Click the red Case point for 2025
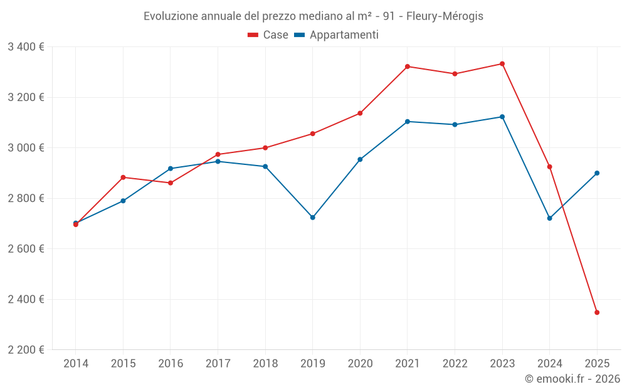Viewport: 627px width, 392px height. pos(597,312)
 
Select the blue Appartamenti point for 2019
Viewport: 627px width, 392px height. pos(313,218)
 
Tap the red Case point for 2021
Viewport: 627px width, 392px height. pos(408,66)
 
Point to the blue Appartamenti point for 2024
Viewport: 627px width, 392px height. pos(550,218)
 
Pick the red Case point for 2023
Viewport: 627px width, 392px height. pos(502,64)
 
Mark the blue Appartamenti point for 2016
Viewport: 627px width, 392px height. pos(171,169)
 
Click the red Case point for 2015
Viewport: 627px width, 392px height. pos(123,177)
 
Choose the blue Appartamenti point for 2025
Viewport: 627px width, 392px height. pos(597,173)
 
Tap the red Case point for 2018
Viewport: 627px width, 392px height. pos(265,148)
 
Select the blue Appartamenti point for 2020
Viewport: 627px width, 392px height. pos(360,159)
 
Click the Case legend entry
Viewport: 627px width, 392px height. pos(268,35)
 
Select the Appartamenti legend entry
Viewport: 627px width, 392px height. pos(337,35)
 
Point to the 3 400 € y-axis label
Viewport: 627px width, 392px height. pos(26,47)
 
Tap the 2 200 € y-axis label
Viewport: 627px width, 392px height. pos(26,350)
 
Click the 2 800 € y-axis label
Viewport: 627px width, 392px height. pos(26,198)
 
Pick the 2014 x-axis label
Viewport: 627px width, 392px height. pos(76,364)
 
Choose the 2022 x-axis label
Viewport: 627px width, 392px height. pos(455,364)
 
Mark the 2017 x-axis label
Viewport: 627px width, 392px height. pos(218,364)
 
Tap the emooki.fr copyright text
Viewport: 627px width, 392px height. pos(572,379)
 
